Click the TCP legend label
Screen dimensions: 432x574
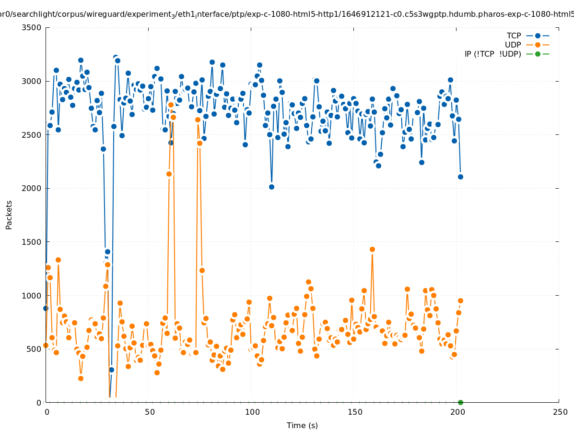[x=514, y=36]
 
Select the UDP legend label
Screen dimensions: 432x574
[x=513, y=45]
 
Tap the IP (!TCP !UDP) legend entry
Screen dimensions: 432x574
[x=492, y=54]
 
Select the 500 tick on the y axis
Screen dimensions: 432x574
[x=35, y=349]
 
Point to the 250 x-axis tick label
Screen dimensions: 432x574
[x=559, y=412]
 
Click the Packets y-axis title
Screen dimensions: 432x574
[x=9, y=215]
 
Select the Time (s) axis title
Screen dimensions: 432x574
[x=302, y=425]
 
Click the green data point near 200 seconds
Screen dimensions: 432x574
[x=460, y=402]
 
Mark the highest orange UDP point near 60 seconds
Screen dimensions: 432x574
[x=171, y=105]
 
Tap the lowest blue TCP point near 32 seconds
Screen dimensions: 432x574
[x=111, y=370]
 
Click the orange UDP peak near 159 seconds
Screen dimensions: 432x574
[x=372, y=249]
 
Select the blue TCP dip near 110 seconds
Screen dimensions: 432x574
[x=271, y=187]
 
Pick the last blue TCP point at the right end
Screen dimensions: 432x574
[x=460, y=177]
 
